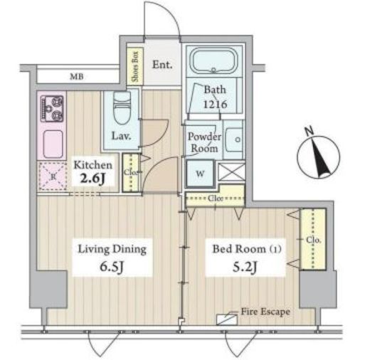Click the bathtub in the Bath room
(214, 60)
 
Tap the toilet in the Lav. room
(122, 108)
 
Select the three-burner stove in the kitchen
(52, 108)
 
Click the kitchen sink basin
(53, 144)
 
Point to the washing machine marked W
(200, 174)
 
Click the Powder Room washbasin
(234, 140)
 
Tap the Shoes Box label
(135, 67)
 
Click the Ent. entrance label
(162, 65)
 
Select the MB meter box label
(77, 76)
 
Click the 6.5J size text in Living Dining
(112, 267)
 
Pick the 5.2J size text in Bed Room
(245, 267)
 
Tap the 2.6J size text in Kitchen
(92, 179)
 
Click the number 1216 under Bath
(216, 104)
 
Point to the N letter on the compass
(309, 131)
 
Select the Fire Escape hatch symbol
(227, 319)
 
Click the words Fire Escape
(265, 312)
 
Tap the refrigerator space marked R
(53, 176)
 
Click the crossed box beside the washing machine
(231, 171)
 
